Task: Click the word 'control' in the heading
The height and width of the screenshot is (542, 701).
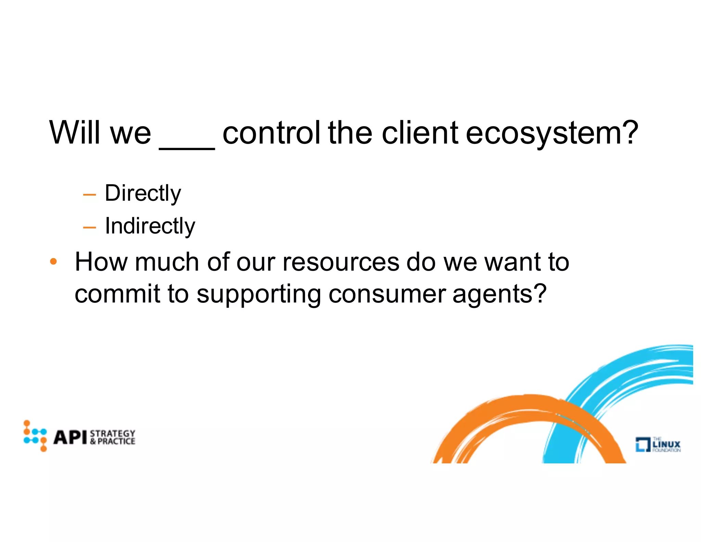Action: click(x=271, y=133)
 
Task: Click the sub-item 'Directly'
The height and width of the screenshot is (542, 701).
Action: click(x=143, y=194)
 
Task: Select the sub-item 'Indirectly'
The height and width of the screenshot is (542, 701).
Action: click(x=150, y=226)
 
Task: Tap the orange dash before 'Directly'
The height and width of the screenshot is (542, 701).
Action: click(x=89, y=195)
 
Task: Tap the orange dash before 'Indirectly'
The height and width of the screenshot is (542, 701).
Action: click(x=89, y=227)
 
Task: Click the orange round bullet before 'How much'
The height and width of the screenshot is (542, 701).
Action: click(x=53, y=262)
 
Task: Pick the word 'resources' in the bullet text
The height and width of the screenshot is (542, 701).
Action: click(x=341, y=262)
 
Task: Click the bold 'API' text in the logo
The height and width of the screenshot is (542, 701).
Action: click(x=70, y=437)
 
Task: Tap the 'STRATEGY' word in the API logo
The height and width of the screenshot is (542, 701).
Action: click(x=113, y=433)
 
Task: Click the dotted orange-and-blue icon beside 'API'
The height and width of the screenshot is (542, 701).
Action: click(x=35, y=436)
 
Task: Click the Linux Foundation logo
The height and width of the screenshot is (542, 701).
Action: click(x=658, y=444)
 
